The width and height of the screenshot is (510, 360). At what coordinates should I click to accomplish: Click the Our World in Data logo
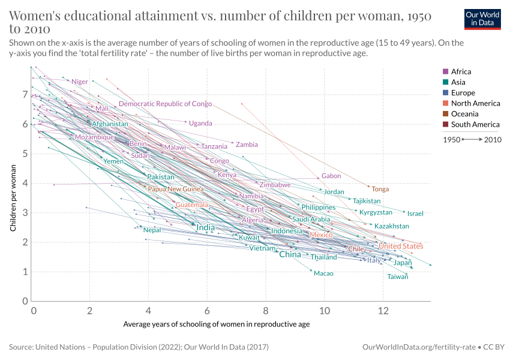click(482, 19)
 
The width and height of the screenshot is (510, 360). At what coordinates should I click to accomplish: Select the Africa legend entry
click(461, 71)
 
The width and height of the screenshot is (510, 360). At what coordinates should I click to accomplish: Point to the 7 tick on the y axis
click(25, 95)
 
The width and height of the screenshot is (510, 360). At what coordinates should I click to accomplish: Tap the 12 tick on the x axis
click(382, 311)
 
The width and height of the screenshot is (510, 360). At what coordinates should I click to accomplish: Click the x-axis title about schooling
click(217, 324)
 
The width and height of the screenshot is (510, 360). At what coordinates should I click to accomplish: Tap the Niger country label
click(79, 82)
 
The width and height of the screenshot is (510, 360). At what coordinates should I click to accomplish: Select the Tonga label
click(380, 189)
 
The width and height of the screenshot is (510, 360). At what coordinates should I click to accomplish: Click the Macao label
click(323, 274)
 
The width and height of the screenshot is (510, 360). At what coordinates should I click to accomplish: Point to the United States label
click(400, 246)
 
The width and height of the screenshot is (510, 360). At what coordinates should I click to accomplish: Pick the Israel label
click(415, 214)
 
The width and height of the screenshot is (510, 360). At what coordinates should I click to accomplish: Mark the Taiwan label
click(397, 277)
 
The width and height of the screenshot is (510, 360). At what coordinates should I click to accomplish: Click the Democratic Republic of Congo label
click(165, 104)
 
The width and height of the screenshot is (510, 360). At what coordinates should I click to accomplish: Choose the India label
click(205, 228)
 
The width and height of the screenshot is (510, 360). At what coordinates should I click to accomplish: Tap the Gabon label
click(331, 176)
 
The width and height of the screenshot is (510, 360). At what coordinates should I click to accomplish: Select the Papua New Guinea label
click(176, 189)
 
